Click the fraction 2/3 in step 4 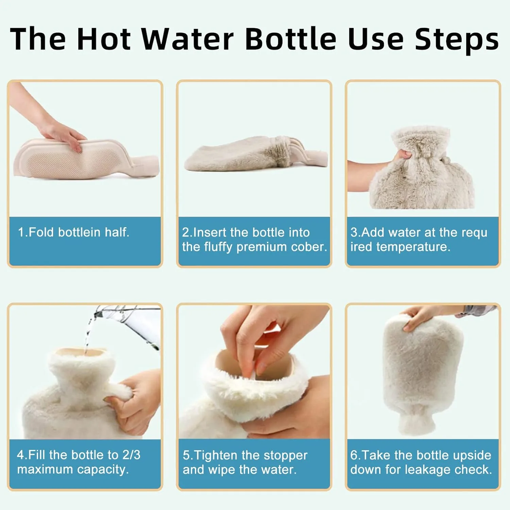131,455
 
